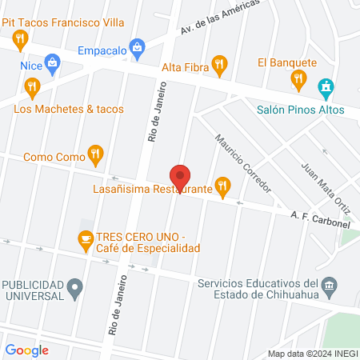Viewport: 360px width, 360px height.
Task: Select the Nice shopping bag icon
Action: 53,62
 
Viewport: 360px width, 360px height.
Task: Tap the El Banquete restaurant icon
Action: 299,78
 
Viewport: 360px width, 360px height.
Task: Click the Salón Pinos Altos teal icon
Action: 325,86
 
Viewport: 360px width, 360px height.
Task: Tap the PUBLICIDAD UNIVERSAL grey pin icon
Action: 75,285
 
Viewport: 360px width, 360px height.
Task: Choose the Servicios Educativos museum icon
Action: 329,285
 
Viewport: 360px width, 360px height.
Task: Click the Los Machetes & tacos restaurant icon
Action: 32,86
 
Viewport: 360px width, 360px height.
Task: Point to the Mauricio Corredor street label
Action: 243,161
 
